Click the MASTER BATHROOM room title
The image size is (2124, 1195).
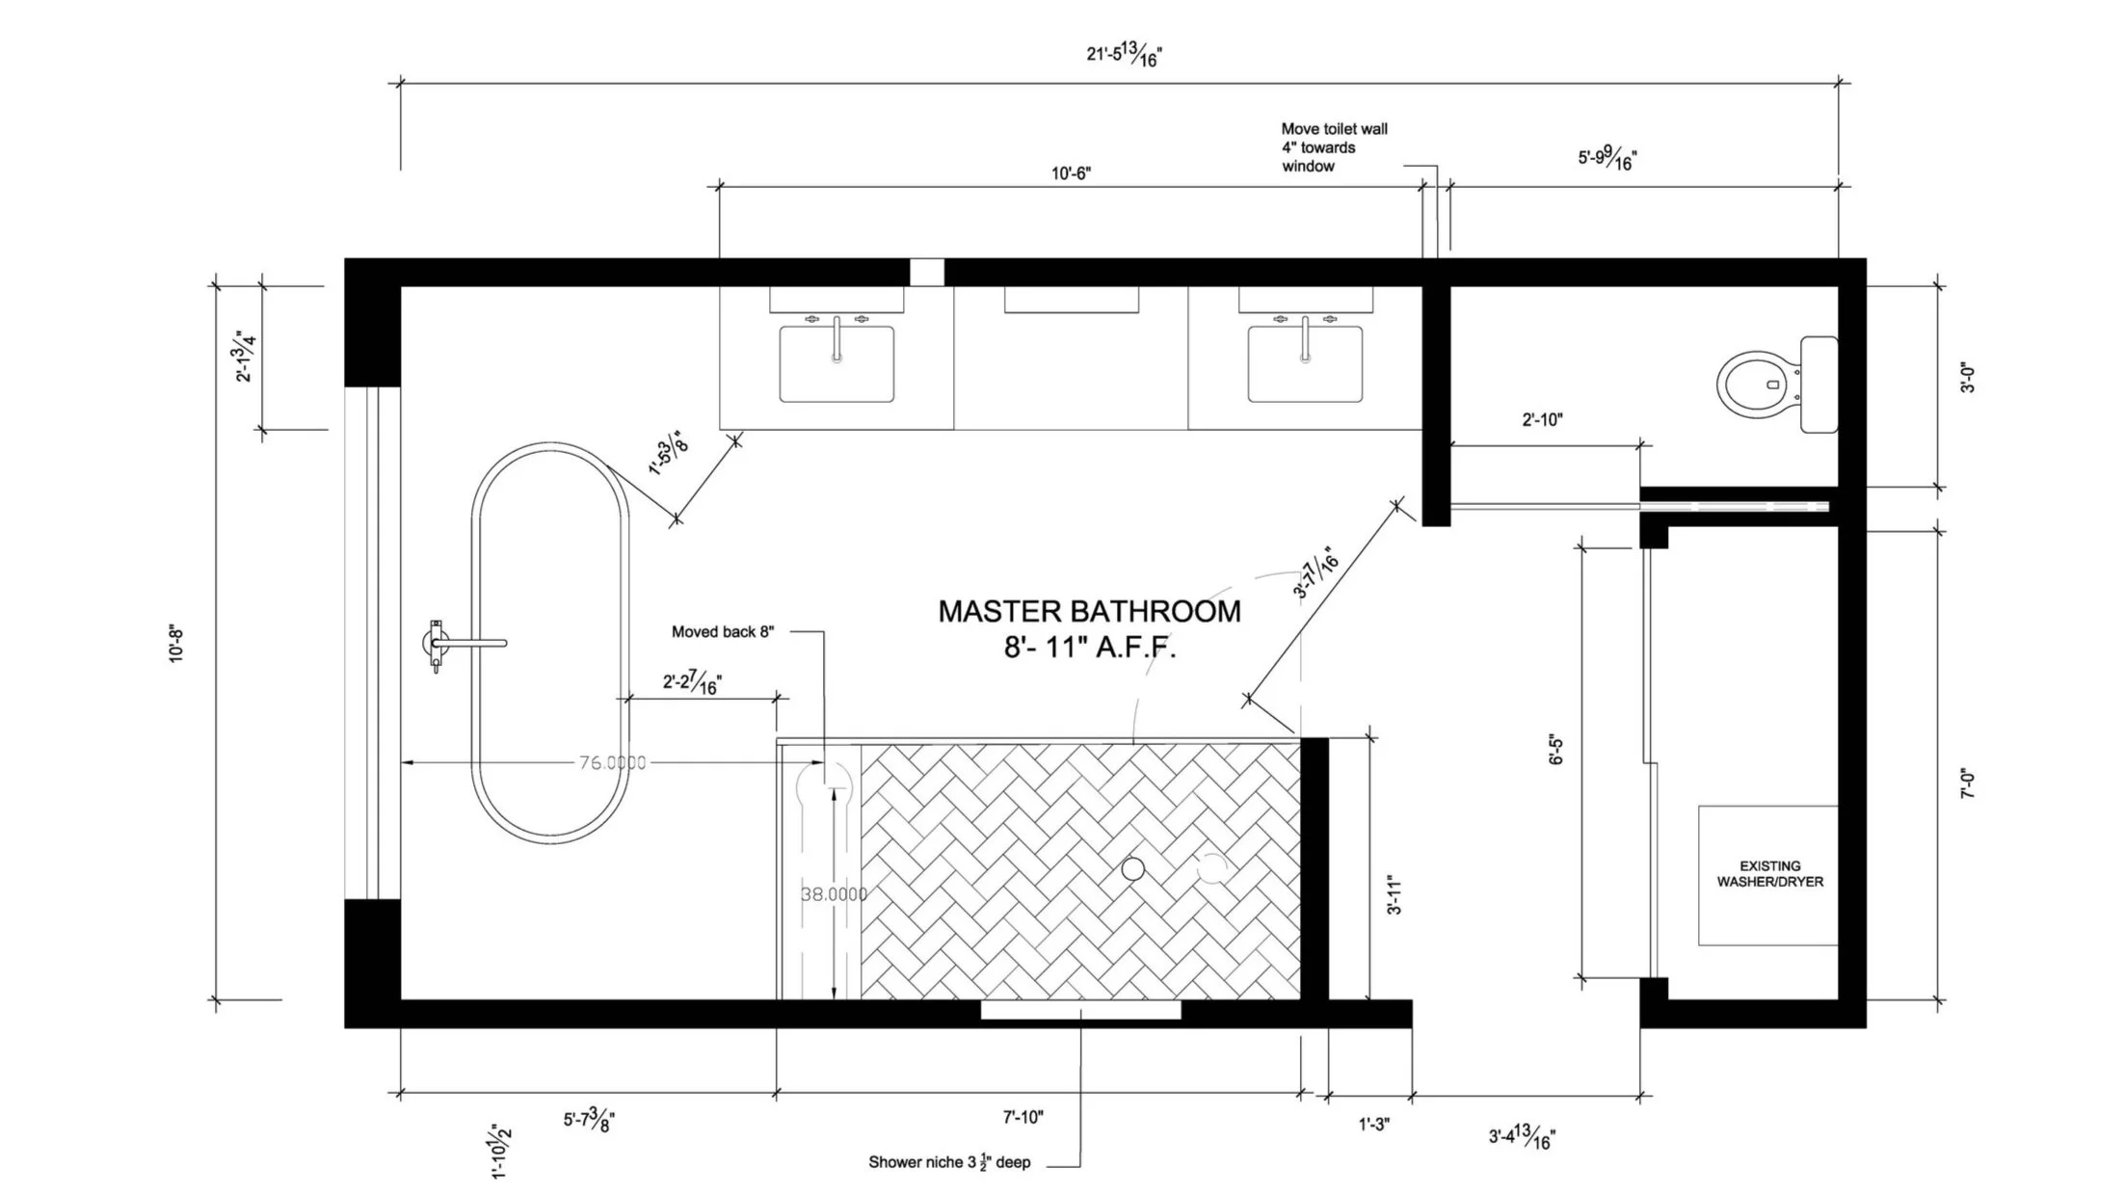[1089, 611]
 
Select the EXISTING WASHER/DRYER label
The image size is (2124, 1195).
[1769, 874]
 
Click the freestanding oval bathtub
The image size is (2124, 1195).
[549, 644]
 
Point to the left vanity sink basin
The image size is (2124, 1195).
[836, 364]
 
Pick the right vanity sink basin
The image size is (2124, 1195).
[1305, 364]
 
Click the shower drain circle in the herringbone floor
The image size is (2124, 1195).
[1133, 869]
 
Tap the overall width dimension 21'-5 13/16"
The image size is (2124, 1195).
[1124, 55]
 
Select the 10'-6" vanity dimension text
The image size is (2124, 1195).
[1071, 173]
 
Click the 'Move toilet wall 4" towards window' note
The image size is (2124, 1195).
[1334, 147]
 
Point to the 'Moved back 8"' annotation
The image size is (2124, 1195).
[723, 632]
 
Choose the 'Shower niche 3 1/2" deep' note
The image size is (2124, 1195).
[949, 1162]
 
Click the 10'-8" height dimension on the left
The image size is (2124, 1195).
[176, 645]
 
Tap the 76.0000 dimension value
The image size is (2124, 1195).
[613, 763]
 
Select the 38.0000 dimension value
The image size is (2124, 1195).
[835, 894]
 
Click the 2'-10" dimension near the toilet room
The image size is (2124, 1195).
[1542, 420]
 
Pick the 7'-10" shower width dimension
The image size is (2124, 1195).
[1022, 1118]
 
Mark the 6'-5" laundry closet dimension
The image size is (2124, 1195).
[1555, 750]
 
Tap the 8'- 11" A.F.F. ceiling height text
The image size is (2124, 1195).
[1089, 648]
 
